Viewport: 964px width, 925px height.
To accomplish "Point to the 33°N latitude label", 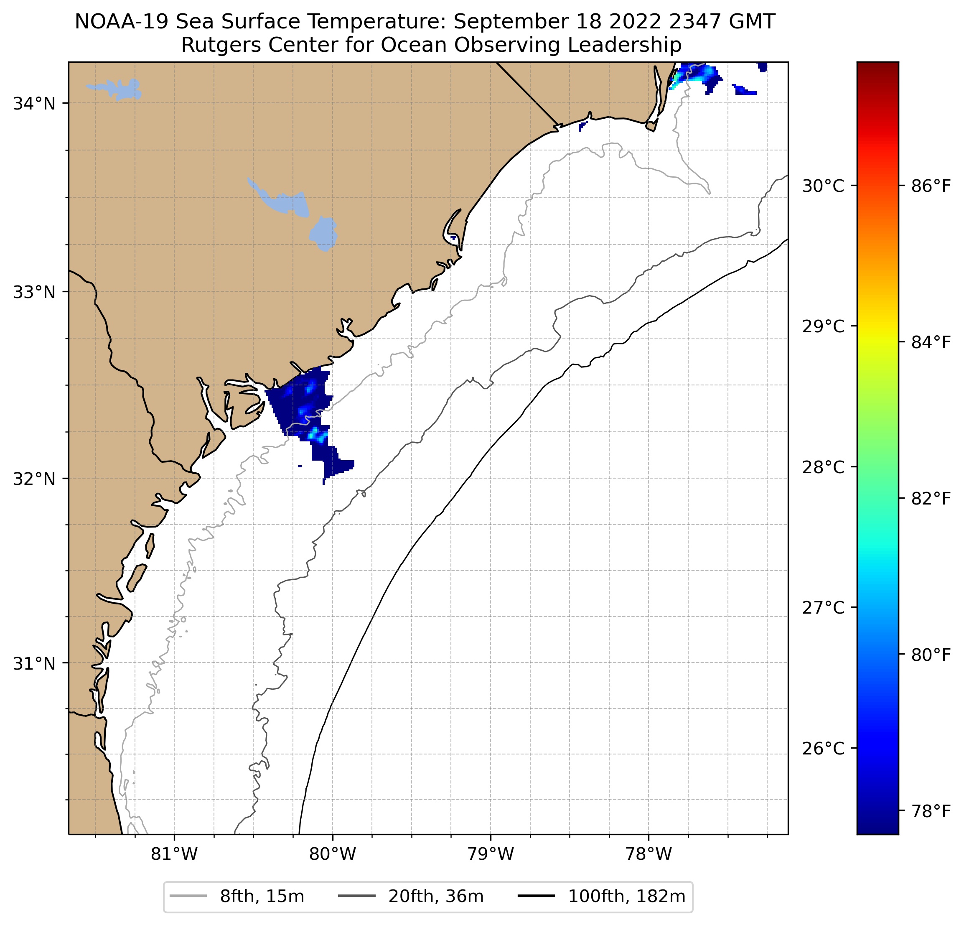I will [33, 292].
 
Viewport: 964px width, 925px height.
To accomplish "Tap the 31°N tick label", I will [33, 664].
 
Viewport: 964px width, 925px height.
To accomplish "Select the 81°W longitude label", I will [174, 854].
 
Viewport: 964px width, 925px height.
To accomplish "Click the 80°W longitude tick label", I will [333, 854].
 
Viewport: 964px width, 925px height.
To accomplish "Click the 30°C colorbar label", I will [823, 186].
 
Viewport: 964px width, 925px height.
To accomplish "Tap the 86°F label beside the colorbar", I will [931, 186].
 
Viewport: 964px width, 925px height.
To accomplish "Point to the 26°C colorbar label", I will [823, 748].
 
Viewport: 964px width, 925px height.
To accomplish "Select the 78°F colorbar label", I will [931, 811].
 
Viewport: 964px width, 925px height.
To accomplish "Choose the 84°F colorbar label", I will [931, 342].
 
